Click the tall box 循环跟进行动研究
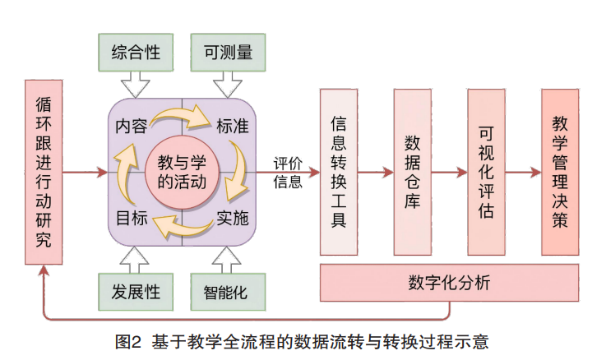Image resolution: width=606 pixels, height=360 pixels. click(x=44, y=172)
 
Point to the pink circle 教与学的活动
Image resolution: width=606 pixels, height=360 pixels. click(x=181, y=173)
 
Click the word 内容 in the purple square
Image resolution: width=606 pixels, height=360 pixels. click(x=132, y=127)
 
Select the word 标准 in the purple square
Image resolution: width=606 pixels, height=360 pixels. click(x=233, y=127)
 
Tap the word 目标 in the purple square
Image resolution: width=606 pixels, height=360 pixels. click(x=132, y=219)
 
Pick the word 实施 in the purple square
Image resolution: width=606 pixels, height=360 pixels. click(x=233, y=219)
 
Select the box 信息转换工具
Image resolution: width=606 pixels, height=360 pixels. click(x=338, y=172)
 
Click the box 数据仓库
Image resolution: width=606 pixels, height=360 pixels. click(x=412, y=172)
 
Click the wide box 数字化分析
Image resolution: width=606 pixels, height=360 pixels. click(x=449, y=283)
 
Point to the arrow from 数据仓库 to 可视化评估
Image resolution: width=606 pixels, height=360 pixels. click(x=449, y=173)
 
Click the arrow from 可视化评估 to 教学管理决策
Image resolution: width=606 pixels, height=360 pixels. click(x=523, y=173)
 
